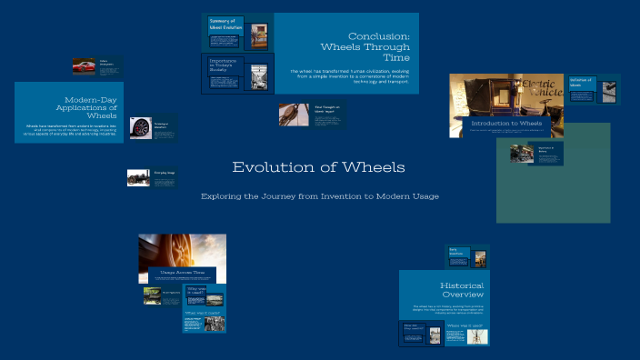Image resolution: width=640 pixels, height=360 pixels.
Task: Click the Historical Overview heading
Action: coord(463,290)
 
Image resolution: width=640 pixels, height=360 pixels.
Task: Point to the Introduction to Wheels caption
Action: coord(506,123)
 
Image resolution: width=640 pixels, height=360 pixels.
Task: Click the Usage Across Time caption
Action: coord(183,272)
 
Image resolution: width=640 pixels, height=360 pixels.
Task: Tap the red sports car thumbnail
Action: coord(85,66)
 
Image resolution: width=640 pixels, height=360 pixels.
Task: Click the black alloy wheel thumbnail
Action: coord(140,128)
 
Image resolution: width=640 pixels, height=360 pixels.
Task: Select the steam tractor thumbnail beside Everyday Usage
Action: coord(138,177)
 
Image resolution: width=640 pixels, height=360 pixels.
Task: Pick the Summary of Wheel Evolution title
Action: coord(223,24)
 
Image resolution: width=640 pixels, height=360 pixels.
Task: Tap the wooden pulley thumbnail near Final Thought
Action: coord(293,114)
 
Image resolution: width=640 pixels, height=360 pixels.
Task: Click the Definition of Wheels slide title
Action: coord(581,82)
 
